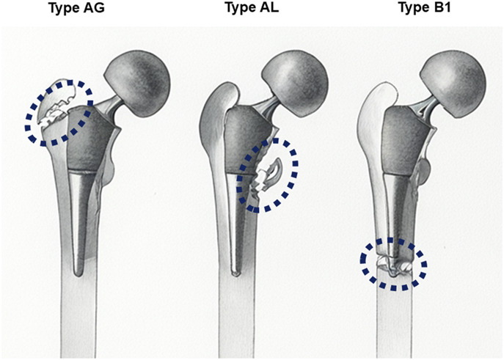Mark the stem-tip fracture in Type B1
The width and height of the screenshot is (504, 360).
(392, 265)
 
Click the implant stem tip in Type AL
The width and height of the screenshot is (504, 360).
(234, 272)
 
